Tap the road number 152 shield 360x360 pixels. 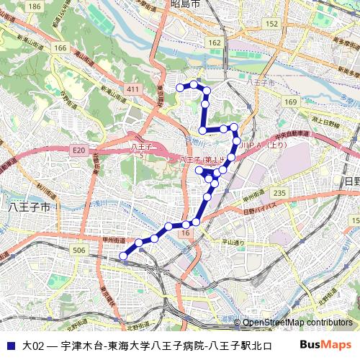click(271, 24)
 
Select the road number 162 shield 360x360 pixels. click(215, 43)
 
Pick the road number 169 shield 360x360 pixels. click(289, 103)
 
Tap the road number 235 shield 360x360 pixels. click(280, 192)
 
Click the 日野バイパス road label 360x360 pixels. click(259, 211)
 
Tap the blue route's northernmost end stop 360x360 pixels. click(181, 87)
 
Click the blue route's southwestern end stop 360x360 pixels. click(123, 255)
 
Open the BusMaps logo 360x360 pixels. click(325, 345)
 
